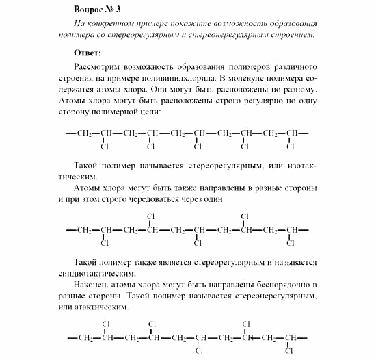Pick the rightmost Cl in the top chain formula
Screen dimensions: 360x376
(x=290, y=146)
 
